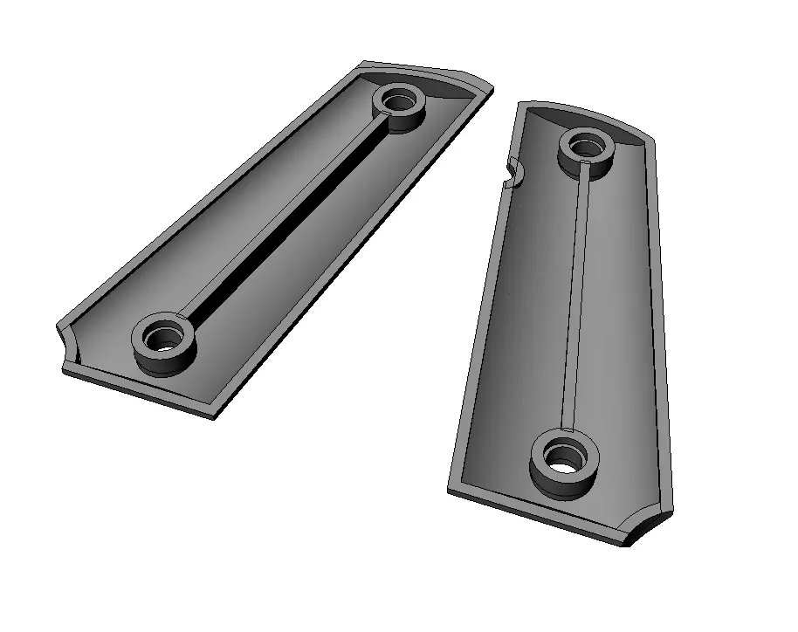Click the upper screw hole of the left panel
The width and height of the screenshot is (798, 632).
pyautogui.click(x=401, y=100)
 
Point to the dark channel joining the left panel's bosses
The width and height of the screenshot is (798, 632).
pyautogui.click(x=279, y=219)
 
